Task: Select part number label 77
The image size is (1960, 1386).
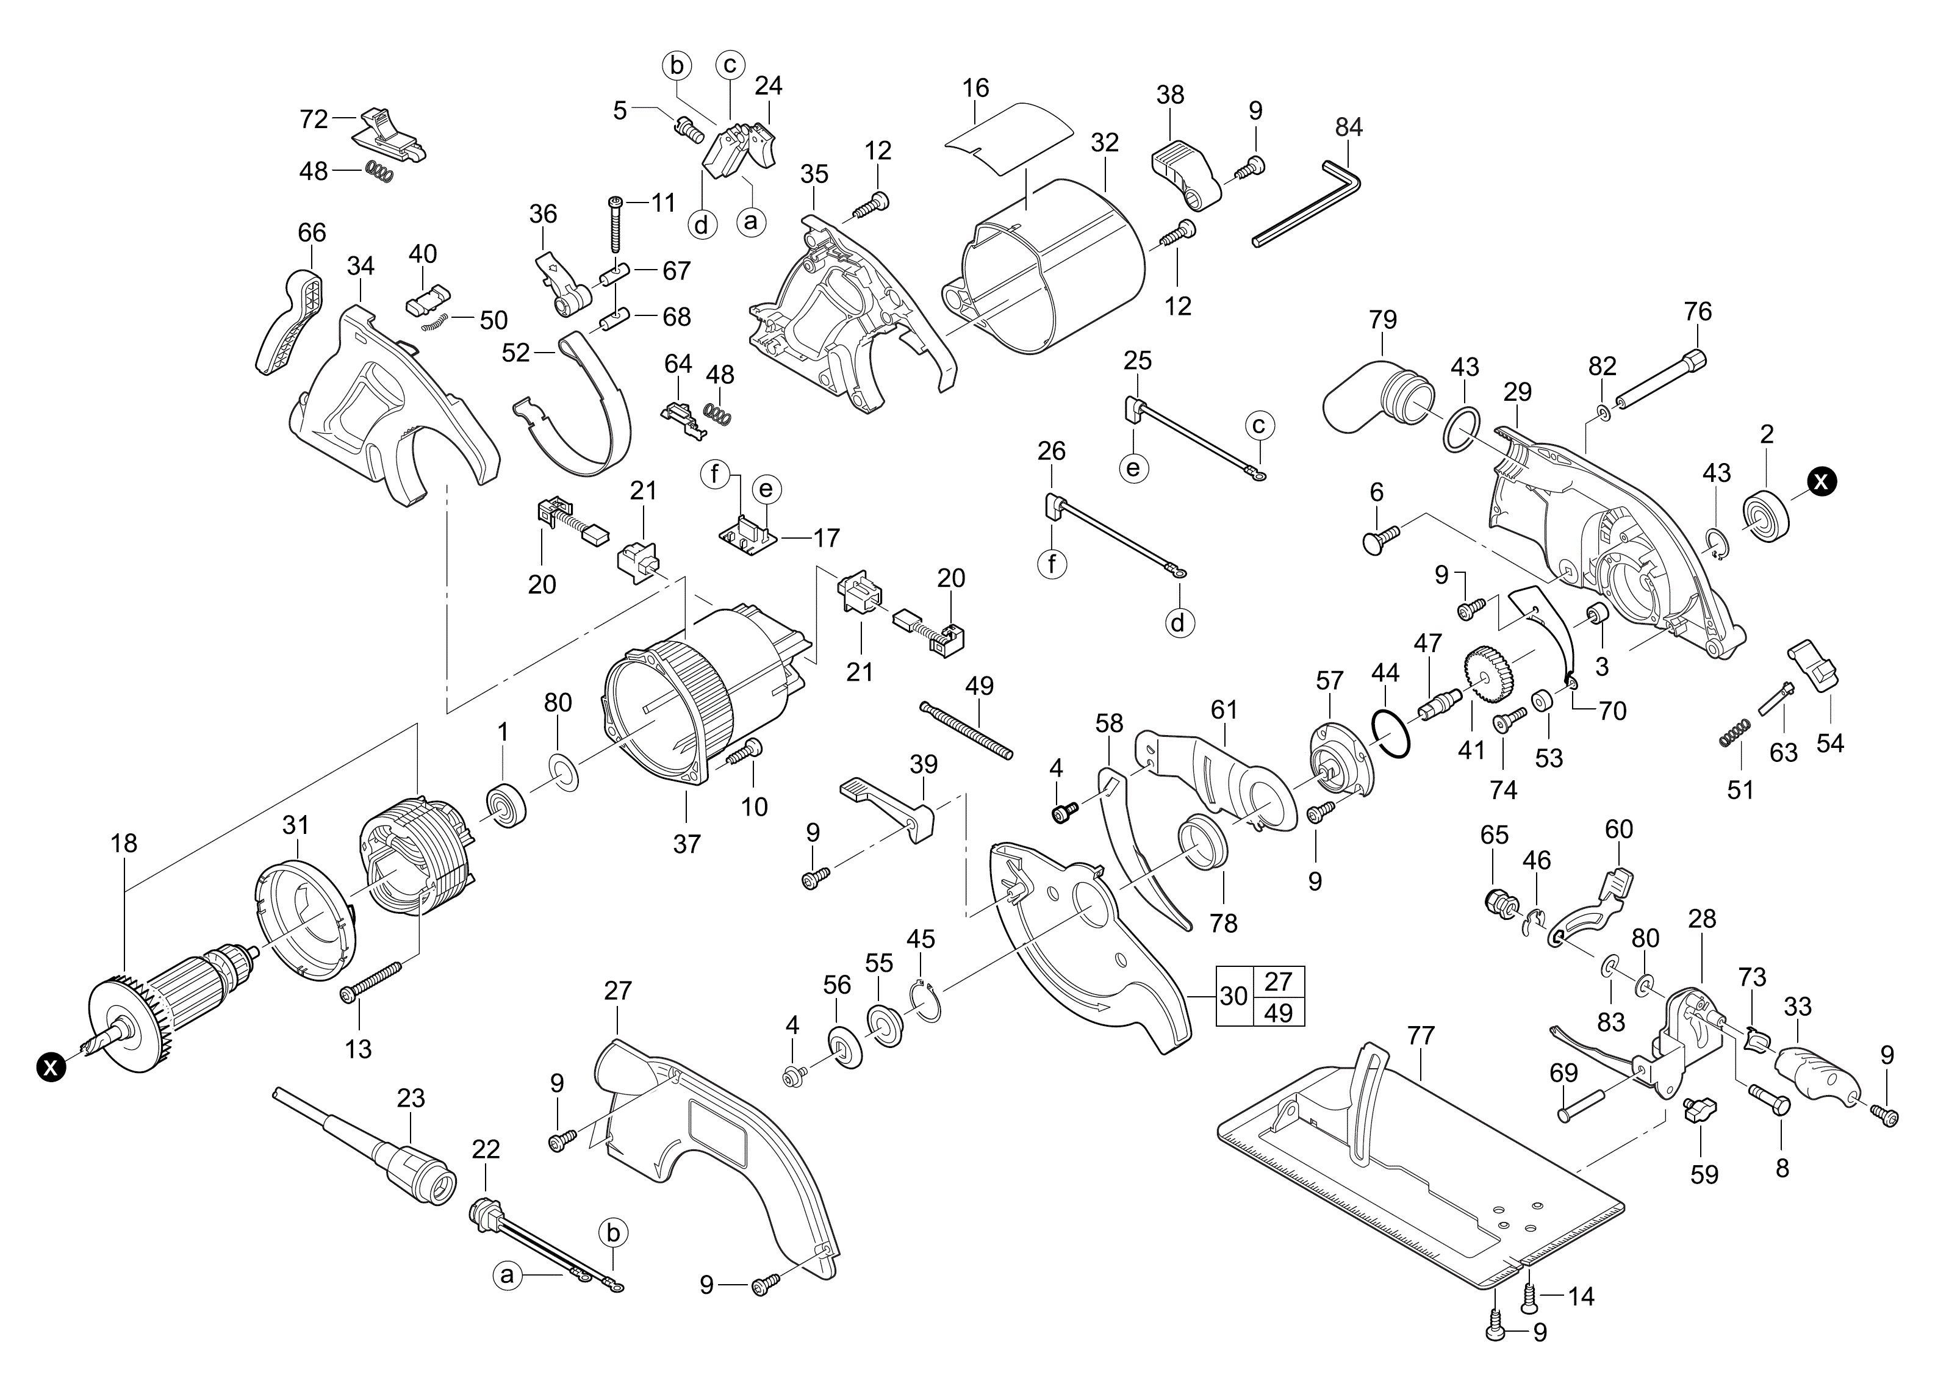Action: click(1421, 1035)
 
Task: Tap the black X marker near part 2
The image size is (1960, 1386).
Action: click(1820, 481)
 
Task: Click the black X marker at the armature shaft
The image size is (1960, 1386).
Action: click(52, 1066)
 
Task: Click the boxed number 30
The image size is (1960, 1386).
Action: click(1233, 996)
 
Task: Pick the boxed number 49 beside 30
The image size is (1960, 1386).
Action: click(1278, 1013)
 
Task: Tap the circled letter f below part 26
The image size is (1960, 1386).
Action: click(1052, 563)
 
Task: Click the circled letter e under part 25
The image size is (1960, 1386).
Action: click(1133, 468)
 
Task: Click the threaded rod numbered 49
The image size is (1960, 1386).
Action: click(966, 729)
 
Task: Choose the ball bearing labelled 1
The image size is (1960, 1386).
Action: click(506, 805)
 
